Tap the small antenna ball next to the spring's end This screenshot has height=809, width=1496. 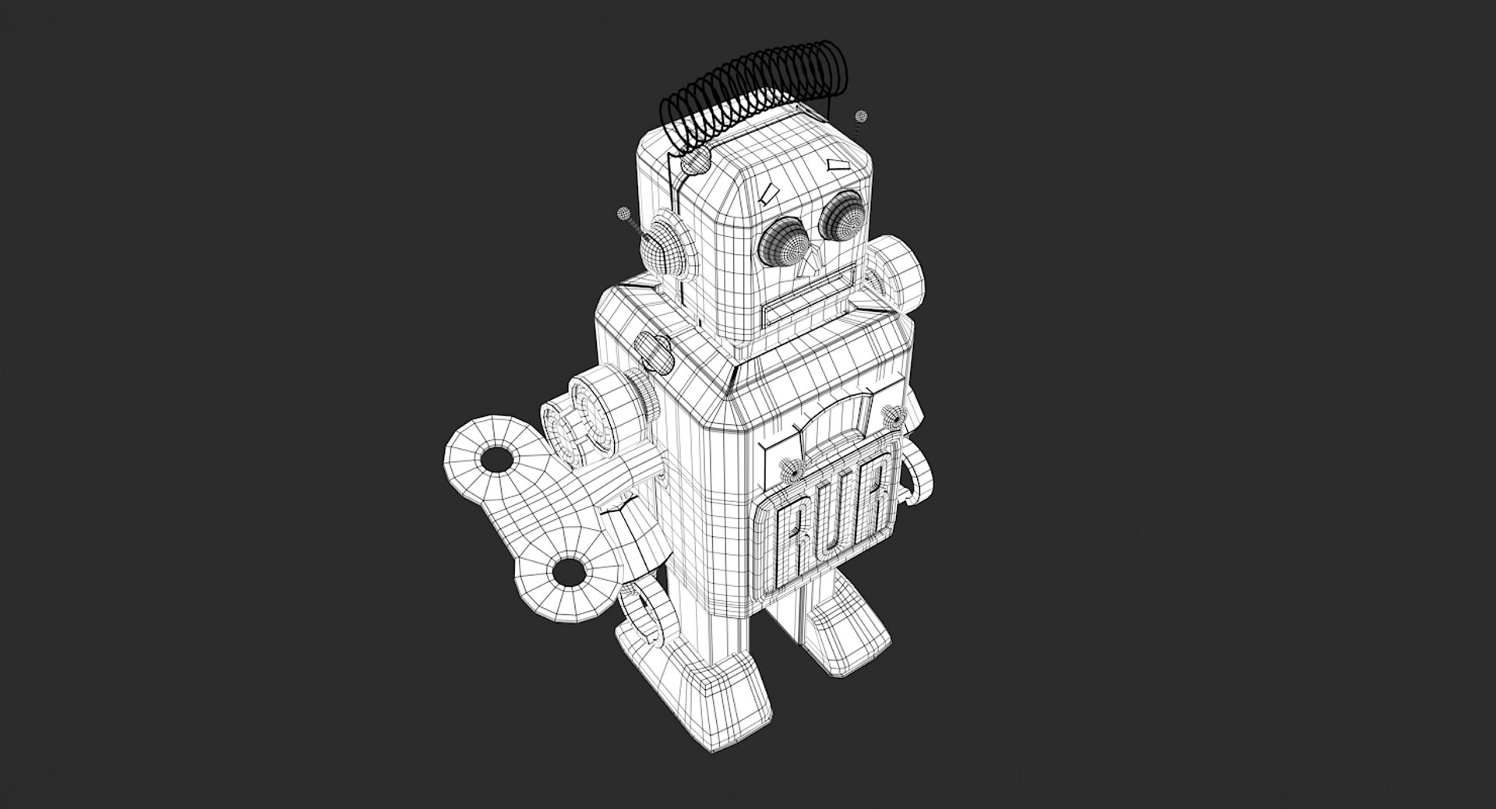[x=861, y=117]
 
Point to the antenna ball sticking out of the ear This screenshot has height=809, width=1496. [x=623, y=214]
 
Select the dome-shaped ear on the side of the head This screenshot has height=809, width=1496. [x=663, y=247]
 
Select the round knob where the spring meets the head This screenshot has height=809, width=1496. [x=696, y=161]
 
